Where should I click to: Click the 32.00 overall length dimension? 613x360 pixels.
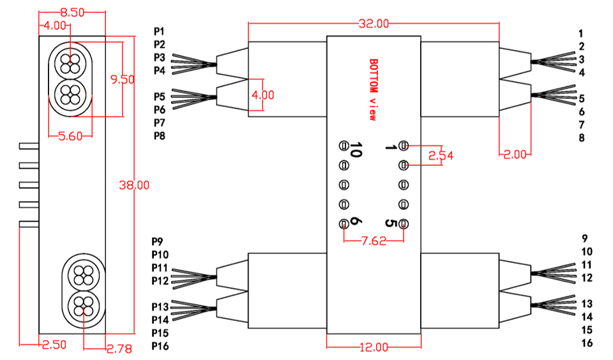click(374, 24)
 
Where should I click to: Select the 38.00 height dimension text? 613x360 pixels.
click(134, 185)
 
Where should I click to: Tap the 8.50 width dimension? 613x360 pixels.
click(71, 12)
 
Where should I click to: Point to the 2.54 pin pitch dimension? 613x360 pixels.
click(441, 155)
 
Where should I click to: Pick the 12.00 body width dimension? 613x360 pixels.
click(374, 347)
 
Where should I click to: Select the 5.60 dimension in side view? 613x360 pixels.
click(71, 135)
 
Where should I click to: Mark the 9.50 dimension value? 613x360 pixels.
click(122, 80)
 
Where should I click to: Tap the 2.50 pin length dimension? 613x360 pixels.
click(54, 345)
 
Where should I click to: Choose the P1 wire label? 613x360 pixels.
click(159, 31)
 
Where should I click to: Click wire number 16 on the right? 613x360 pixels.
click(587, 343)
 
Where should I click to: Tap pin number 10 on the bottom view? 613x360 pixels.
click(356, 151)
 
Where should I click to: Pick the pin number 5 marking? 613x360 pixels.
click(391, 223)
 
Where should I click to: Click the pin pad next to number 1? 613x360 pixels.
click(404, 146)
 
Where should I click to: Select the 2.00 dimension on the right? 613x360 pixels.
click(514, 154)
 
